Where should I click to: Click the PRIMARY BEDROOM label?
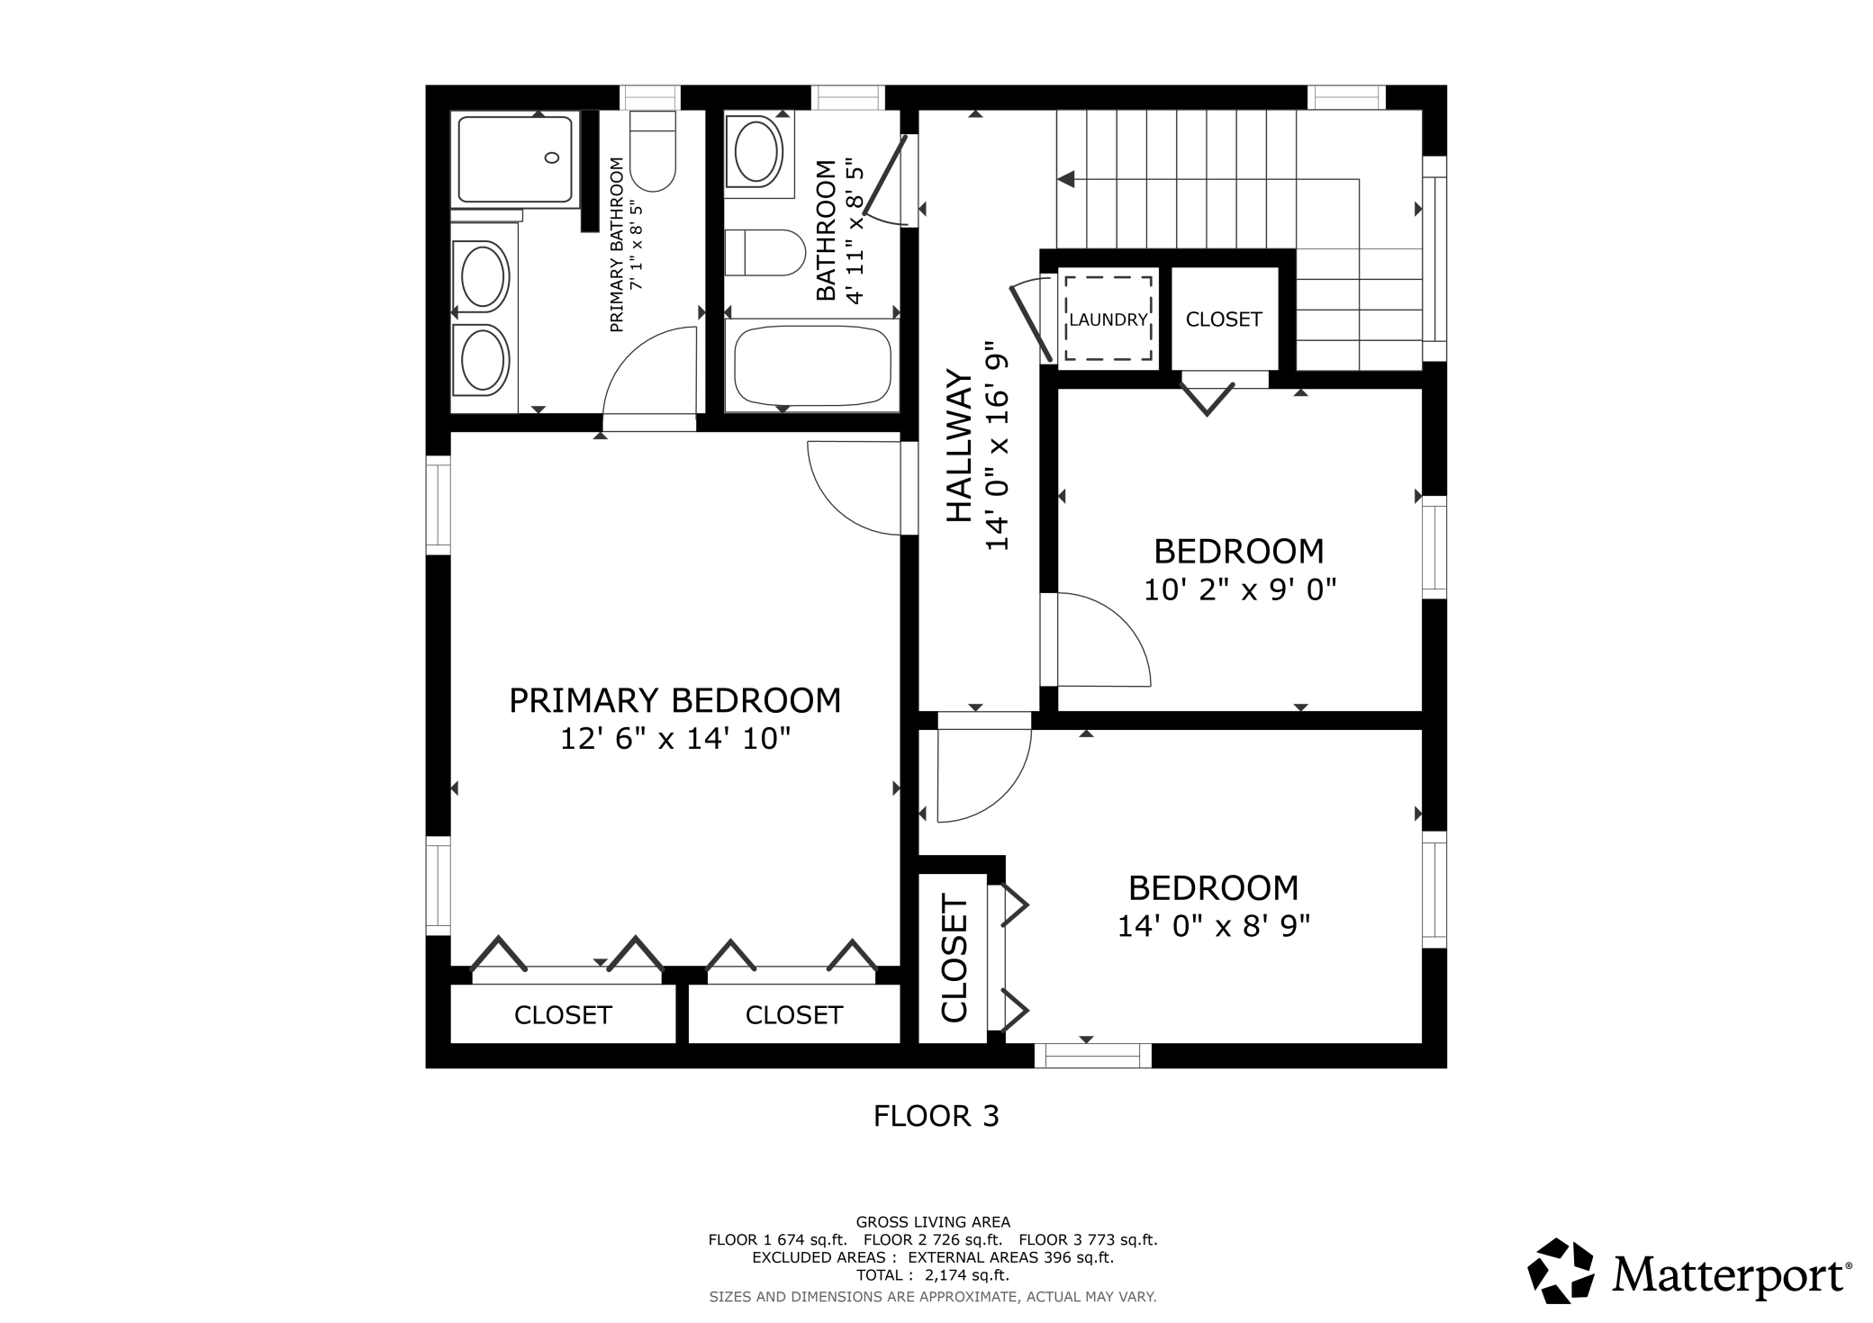674,700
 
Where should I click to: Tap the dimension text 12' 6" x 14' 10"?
674,739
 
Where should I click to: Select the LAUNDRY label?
1108,319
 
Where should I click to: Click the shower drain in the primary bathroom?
552,158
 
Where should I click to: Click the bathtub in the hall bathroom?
812,366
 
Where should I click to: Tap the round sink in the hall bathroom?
758,153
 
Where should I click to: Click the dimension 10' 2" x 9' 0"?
1239,590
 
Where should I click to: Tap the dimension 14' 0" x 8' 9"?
1213,926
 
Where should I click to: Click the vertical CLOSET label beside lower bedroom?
954,958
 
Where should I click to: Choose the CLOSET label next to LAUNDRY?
1223,319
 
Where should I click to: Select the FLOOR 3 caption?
936,1117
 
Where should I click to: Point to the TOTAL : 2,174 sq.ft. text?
932,1275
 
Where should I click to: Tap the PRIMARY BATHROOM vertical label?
617,245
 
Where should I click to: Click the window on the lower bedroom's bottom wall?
1092,1055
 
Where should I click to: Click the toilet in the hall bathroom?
765,253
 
